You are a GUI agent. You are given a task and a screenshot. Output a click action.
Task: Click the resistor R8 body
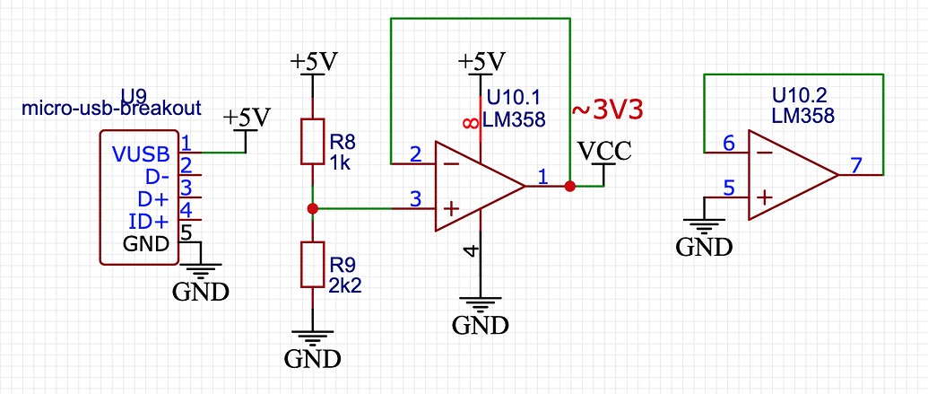[311, 141]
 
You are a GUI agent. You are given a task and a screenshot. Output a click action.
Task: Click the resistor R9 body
[311, 265]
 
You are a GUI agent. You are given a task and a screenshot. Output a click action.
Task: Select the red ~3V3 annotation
[609, 109]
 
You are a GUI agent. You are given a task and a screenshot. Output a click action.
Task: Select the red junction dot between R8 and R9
[311, 208]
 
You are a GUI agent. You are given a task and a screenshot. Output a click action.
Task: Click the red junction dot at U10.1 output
[569, 186]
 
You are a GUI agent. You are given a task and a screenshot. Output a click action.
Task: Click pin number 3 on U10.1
[415, 198]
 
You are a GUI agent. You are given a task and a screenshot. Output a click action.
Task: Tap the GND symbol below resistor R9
[311, 350]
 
